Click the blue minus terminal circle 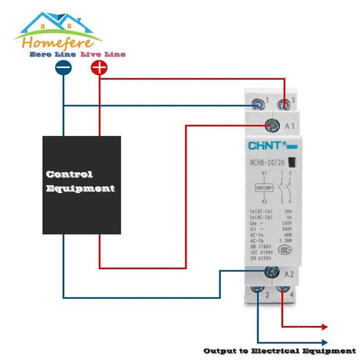64,68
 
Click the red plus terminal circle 100,68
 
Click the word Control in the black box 69,174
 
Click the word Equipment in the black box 80,189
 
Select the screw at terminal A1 273,124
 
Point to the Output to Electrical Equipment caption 279,351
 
